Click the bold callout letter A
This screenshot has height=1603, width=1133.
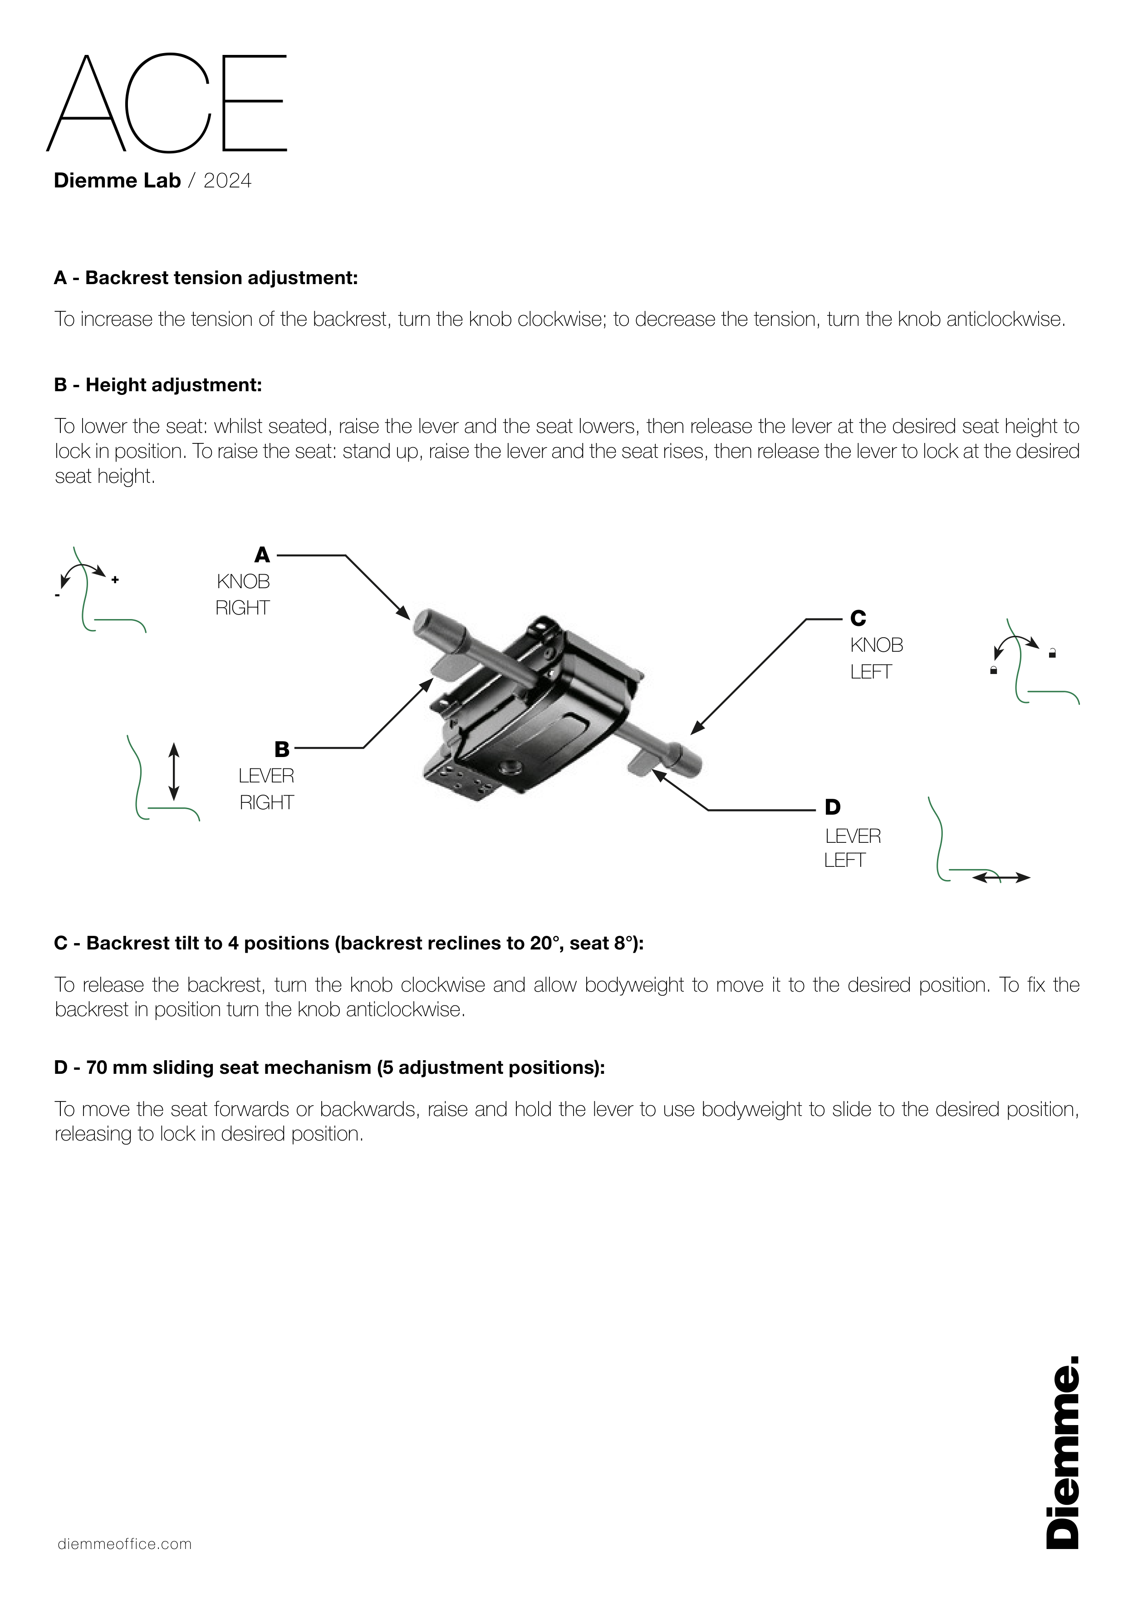262,555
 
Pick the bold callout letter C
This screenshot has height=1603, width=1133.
858,619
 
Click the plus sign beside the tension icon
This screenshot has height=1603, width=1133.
115,580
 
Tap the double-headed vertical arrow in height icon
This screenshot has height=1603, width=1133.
174,772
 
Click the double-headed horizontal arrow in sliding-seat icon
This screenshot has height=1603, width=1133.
1001,878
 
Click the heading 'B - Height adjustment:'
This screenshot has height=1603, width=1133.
158,385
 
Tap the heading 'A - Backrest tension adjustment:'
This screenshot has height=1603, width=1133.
206,278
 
